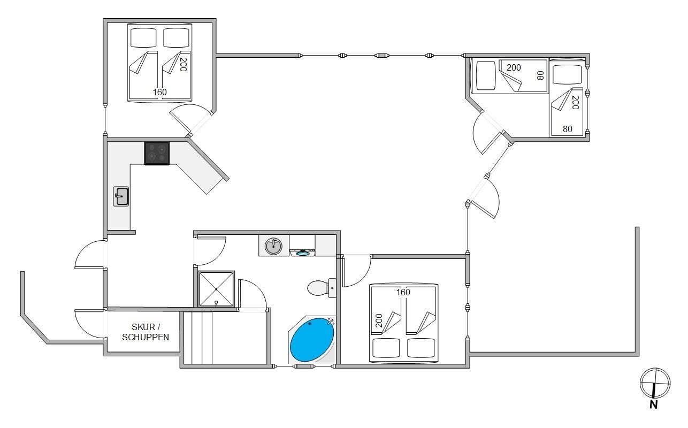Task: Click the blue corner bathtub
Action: point(312,340)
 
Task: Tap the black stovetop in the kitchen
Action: point(157,153)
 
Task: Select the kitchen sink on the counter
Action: point(121,196)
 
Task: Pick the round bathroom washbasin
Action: point(273,246)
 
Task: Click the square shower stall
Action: point(216,289)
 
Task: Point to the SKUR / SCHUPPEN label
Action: point(146,332)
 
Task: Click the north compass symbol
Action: point(655,383)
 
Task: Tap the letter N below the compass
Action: point(654,405)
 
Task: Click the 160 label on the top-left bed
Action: point(160,92)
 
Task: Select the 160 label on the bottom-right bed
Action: point(403,292)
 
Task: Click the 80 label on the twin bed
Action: point(567,129)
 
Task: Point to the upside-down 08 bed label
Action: point(540,75)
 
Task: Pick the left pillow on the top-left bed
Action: point(143,37)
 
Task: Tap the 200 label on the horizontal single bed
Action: point(514,67)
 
